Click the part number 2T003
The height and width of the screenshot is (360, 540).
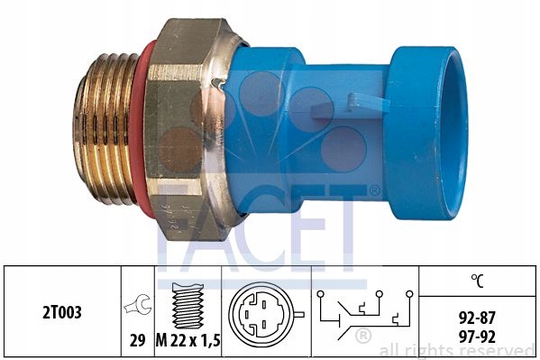pos(62,312)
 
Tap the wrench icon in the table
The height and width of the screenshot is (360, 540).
pos(138,304)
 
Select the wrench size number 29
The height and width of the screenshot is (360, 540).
pos(137,341)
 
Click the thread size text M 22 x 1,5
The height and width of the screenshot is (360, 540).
pos(188,341)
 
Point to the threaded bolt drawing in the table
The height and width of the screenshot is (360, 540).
pos(188,306)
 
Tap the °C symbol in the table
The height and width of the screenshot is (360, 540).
pos(477,281)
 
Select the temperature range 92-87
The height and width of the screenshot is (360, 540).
pos(477,318)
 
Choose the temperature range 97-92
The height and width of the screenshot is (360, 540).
pos(477,337)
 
